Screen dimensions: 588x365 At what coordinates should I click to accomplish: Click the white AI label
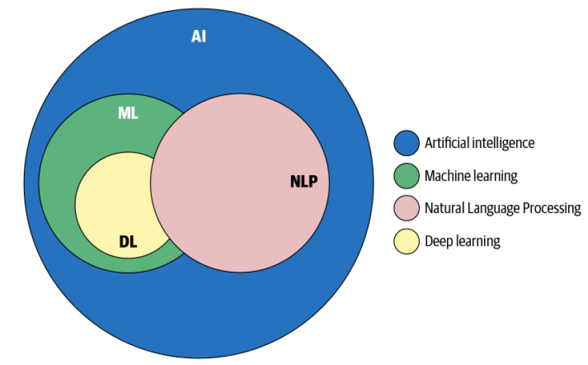(x=199, y=36)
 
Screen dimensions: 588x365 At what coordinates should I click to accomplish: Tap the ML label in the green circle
(x=128, y=113)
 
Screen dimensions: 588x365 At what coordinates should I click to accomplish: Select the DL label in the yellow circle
(x=128, y=242)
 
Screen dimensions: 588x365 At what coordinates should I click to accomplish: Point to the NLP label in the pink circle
(x=304, y=181)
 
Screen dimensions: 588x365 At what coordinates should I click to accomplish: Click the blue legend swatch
(x=407, y=143)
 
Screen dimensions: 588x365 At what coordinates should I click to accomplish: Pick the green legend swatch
(x=407, y=175)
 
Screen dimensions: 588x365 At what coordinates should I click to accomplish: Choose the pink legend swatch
(x=407, y=208)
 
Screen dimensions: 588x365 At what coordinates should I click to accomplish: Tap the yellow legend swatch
(x=407, y=241)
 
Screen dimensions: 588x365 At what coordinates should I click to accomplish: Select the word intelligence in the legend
(x=503, y=144)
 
